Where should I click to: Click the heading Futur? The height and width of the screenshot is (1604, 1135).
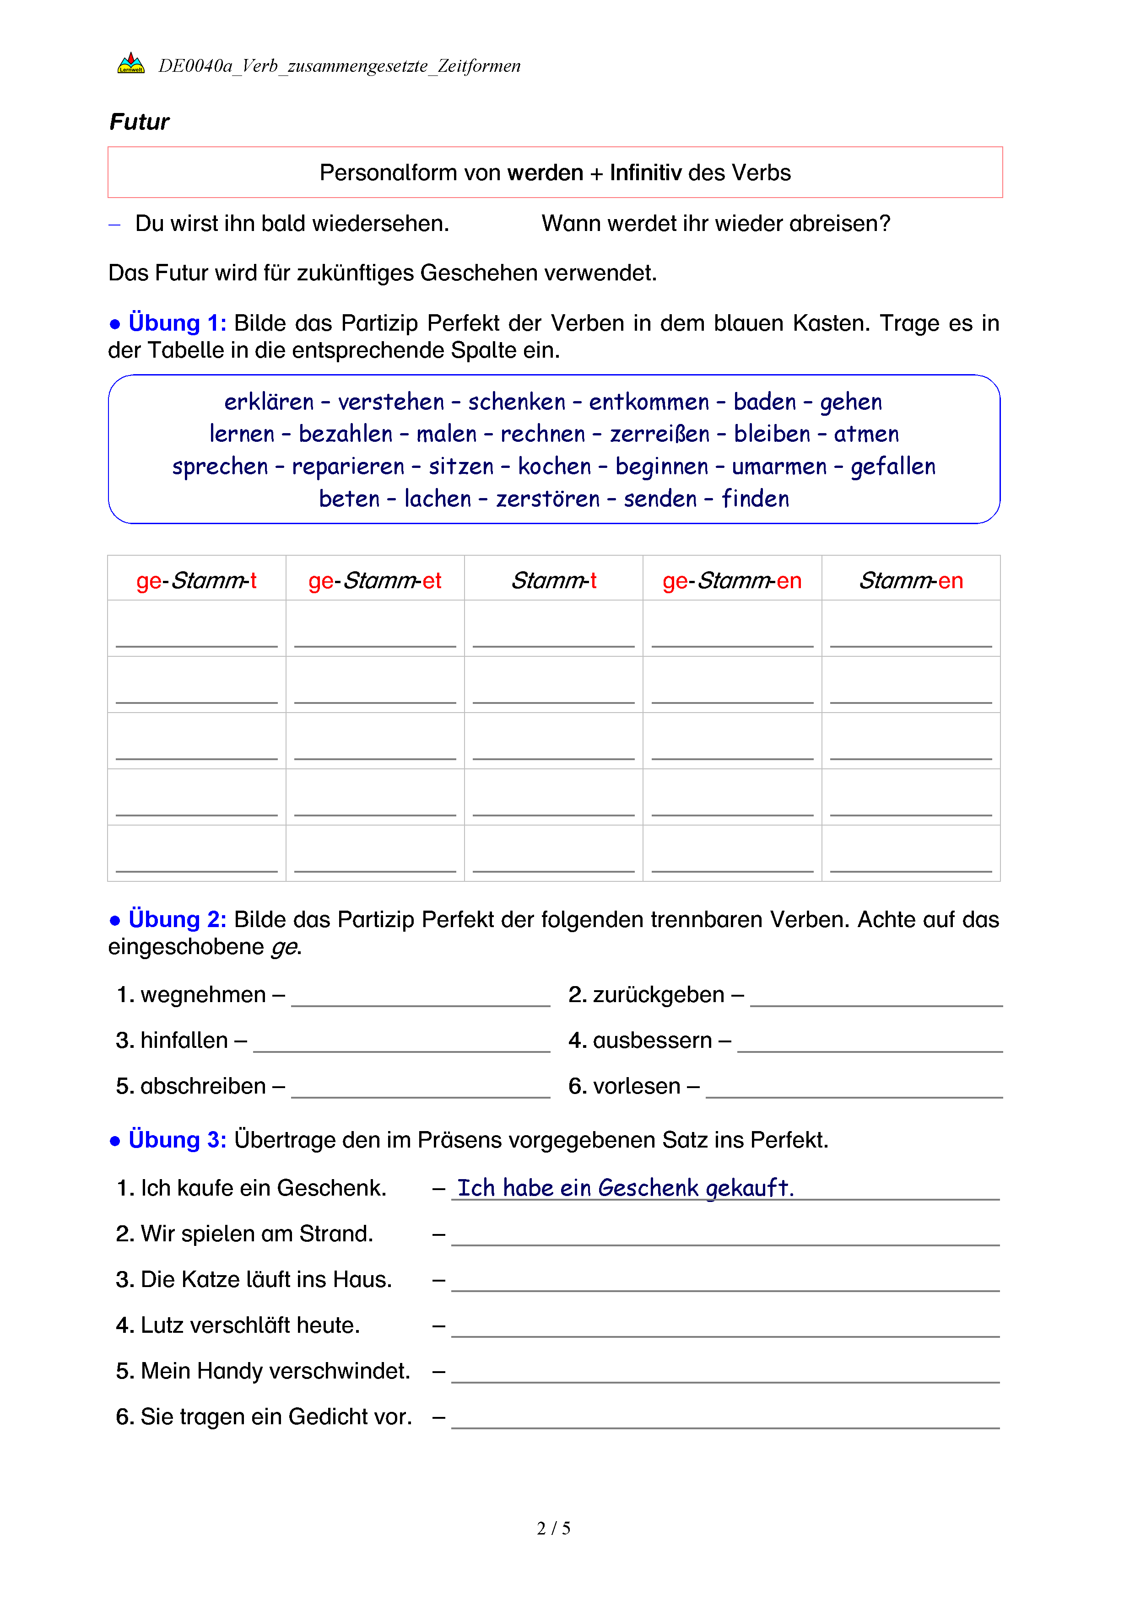click(139, 122)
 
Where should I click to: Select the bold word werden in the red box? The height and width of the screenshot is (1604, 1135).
click(545, 172)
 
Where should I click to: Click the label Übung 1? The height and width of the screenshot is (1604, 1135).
click(177, 323)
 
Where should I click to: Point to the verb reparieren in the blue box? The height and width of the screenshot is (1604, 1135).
click(348, 466)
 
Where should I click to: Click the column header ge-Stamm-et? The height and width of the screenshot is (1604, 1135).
click(375, 580)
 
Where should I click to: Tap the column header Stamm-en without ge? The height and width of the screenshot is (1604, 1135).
click(911, 580)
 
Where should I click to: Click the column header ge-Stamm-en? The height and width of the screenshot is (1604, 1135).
click(732, 580)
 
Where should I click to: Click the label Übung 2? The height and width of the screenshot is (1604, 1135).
click(177, 919)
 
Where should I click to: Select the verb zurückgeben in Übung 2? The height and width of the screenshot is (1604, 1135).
click(659, 994)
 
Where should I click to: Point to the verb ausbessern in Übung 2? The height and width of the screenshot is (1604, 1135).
click(652, 1040)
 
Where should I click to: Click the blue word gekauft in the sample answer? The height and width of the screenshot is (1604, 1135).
click(749, 1188)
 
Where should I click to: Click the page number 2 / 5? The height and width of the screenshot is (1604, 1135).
click(553, 1529)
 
